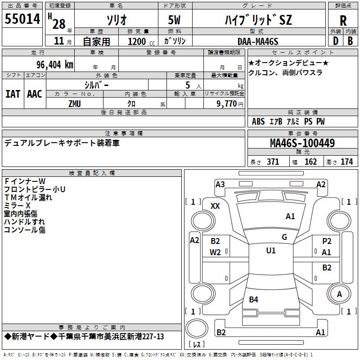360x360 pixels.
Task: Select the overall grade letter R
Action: click(343, 21)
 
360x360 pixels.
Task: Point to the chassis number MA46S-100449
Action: click(302, 144)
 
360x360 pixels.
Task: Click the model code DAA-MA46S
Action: click(258, 41)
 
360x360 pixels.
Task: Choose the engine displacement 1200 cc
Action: click(137, 41)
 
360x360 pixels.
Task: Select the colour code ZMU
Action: click(75, 103)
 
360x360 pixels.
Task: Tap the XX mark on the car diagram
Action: click(215, 206)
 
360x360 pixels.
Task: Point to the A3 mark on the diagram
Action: click(220, 184)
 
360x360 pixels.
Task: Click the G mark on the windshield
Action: click(284, 237)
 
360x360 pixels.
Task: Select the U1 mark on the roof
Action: click(270, 251)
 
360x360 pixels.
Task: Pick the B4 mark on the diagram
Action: click(253, 299)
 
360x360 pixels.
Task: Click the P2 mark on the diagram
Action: click(327, 241)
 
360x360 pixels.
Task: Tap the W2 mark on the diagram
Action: click(215, 252)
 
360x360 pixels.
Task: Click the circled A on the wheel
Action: click(339, 294)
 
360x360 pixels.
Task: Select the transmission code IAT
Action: click(13, 94)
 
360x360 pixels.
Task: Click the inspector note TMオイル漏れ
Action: click(28, 197)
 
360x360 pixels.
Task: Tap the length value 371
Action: click(273, 162)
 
